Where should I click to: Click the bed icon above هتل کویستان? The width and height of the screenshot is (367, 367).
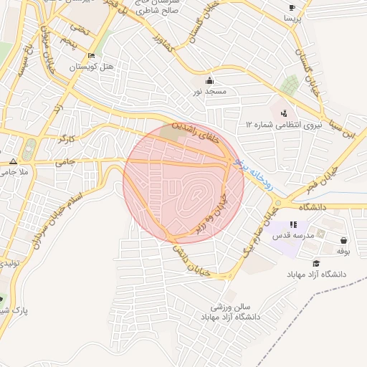click(91, 56)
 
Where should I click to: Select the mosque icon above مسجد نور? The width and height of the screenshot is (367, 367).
click(209, 80)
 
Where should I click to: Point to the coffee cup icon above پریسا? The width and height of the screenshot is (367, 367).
click(292, 8)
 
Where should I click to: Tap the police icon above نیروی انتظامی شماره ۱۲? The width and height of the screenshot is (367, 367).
click(285, 113)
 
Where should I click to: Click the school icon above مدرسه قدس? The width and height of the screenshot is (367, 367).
click(292, 224)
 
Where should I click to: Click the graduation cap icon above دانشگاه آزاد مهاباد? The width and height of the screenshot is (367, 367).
click(316, 264)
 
